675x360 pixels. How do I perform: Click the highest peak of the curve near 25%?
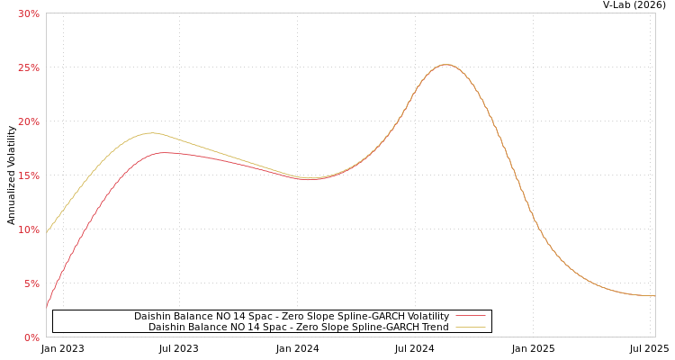(445, 65)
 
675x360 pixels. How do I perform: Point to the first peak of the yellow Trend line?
(151, 133)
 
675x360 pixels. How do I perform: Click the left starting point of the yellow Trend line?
(47, 230)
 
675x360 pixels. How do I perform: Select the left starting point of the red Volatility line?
(47, 307)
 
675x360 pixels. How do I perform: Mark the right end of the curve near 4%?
(653, 295)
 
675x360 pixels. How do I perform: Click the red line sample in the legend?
(470, 316)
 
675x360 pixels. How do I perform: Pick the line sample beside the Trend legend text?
(470, 327)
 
